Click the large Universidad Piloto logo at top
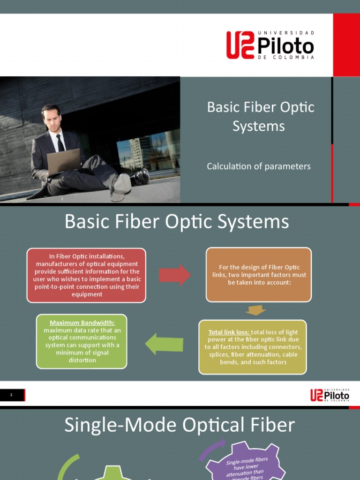tap(270, 45)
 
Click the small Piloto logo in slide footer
tap(330, 395)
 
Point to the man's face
tap(52, 119)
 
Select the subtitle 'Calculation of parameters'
tap(259, 166)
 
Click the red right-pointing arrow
tap(174, 275)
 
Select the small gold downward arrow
tap(255, 310)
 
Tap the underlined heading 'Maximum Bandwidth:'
tap(82, 323)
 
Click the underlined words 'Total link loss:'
tap(229, 332)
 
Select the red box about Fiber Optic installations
tap(86, 275)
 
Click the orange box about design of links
tap(259, 275)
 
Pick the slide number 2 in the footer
tap(11, 395)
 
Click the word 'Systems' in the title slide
tap(259, 126)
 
